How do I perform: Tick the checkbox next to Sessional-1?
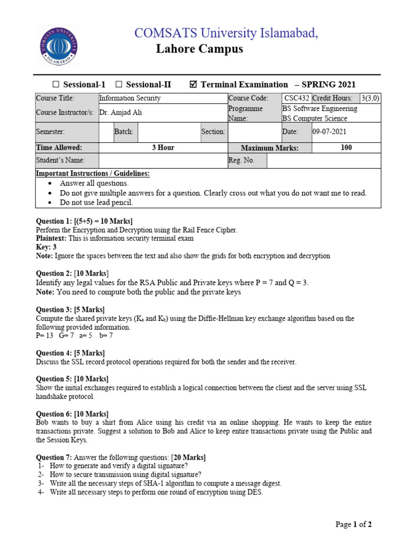[x=56, y=84]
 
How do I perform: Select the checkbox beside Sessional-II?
[x=118, y=84]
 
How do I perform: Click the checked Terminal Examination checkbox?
[x=193, y=84]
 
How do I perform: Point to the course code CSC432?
[x=296, y=98]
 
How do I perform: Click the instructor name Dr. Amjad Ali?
[x=121, y=113]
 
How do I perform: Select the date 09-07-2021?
[x=332, y=132]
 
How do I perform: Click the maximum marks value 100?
[x=346, y=148]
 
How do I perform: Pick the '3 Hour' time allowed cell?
[x=163, y=148]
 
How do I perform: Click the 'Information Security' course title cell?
[x=130, y=98]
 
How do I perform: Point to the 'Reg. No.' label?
[x=241, y=160]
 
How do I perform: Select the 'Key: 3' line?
[x=46, y=247]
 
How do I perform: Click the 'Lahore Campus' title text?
[x=199, y=49]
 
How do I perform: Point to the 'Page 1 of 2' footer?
[x=354, y=524]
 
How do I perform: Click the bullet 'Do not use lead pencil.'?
[x=96, y=202]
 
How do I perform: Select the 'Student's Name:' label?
[x=60, y=160]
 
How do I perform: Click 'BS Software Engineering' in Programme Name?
[x=320, y=108]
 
